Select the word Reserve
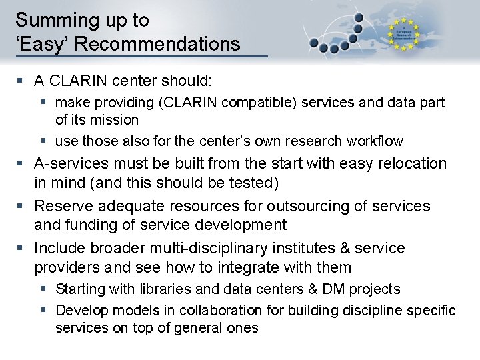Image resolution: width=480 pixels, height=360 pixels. [61, 206]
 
